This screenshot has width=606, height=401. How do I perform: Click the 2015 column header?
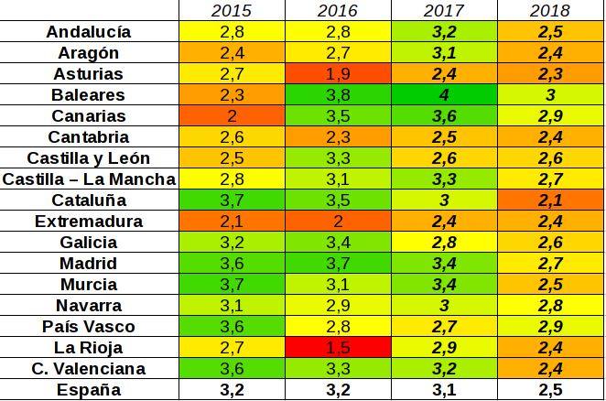(x=232, y=11)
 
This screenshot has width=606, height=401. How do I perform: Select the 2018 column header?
(x=550, y=11)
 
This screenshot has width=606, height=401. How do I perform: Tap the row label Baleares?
(x=88, y=95)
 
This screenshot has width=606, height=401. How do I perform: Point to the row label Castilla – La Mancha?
(x=88, y=179)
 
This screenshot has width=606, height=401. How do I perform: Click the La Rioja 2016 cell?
(x=338, y=348)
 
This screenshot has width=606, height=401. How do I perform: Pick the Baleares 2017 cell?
(x=444, y=95)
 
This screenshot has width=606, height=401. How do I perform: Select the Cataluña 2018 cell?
(x=550, y=200)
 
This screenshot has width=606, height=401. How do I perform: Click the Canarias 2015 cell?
(x=232, y=116)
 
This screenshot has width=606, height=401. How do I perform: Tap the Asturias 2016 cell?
(x=338, y=74)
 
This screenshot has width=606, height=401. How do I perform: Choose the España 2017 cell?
(x=444, y=390)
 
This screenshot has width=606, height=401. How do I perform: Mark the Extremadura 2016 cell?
(x=338, y=222)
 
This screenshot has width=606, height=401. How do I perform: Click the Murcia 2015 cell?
(x=232, y=285)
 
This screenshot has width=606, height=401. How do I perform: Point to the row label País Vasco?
(x=88, y=327)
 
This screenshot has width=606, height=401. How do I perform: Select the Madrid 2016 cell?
(x=338, y=264)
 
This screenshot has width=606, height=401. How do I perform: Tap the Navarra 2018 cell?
(x=550, y=306)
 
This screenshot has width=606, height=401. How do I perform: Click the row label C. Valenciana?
(x=88, y=369)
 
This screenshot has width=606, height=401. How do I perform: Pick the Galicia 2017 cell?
(x=444, y=243)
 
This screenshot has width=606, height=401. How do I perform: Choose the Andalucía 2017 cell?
(x=444, y=32)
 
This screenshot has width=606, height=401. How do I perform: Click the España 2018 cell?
(x=550, y=390)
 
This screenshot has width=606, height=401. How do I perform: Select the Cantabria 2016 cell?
(x=338, y=137)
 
